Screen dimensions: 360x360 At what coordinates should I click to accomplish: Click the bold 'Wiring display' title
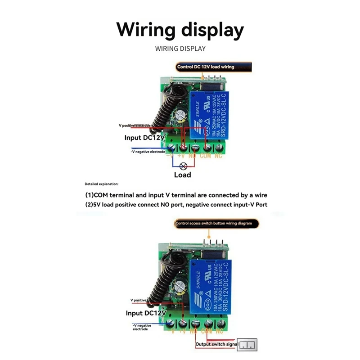point(180,30)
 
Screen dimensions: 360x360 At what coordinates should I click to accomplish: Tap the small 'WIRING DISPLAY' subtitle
point(180,49)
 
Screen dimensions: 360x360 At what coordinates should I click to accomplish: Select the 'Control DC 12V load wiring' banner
point(206,67)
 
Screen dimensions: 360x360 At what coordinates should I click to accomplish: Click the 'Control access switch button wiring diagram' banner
point(216,223)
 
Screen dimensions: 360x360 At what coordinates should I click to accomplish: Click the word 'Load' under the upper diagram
point(182,175)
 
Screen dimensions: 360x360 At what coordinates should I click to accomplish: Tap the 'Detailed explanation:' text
point(101,184)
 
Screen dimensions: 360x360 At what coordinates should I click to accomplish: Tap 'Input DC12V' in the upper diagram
point(145,138)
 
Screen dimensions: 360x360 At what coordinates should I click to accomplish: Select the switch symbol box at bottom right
point(247,345)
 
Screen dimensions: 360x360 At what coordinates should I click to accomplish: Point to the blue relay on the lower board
point(211,286)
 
